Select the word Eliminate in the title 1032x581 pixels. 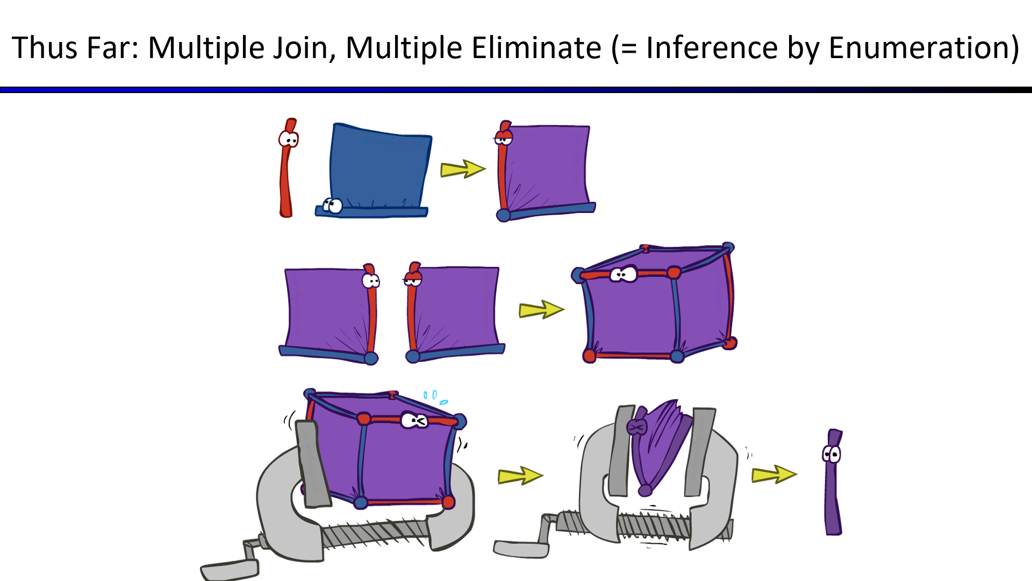[x=537, y=47]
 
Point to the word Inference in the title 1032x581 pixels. [x=712, y=47]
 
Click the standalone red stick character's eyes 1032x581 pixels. [x=289, y=139]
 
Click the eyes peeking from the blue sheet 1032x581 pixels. [x=332, y=205]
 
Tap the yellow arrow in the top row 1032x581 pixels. [x=463, y=169]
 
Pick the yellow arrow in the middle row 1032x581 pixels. [x=541, y=310]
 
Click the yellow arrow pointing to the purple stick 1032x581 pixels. [x=774, y=474]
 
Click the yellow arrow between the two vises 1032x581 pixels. [x=520, y=476]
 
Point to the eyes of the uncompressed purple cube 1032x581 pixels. [x=623, y=274]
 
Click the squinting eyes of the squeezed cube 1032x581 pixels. [x=414, y=420]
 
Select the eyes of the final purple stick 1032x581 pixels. [x=832, y=455]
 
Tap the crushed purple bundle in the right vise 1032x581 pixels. [x=658, y=447]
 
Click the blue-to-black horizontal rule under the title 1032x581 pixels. [x=516, y=90]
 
